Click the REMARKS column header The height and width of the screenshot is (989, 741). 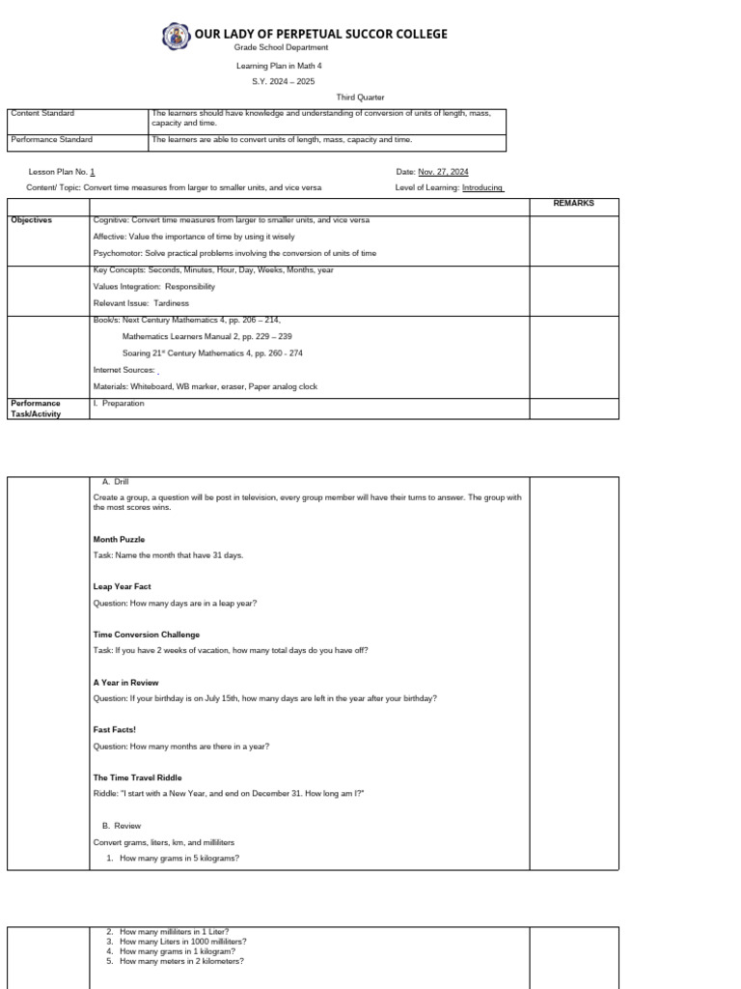[573, 204]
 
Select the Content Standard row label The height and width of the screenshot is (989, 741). [41, 114]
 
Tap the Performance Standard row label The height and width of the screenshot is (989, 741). [51, 140]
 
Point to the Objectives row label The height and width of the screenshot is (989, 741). [31, 220]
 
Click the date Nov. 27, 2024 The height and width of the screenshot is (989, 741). [443, 172]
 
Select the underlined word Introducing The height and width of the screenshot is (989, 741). [482, 187]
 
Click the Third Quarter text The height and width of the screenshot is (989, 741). [360, 98]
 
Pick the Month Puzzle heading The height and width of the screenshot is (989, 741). [119, 540]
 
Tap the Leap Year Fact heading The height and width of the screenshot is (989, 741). [122, 587]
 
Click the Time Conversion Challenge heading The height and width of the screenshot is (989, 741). [146, 635]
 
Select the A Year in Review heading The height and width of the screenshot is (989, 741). [125, 682]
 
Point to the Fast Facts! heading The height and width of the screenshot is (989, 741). [115, 730]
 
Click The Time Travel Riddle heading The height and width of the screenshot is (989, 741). [137, 777]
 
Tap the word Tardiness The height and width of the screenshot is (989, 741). [170, 303]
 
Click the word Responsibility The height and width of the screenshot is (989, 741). [190, 287]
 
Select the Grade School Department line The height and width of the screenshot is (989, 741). [281, 47]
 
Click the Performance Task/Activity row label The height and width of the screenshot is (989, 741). [36, 409]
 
